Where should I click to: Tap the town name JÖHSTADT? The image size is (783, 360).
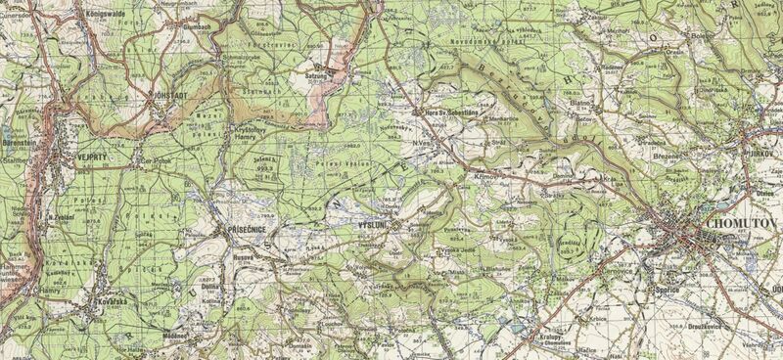point(168,96)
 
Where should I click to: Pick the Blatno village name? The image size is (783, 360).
point(581,101)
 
